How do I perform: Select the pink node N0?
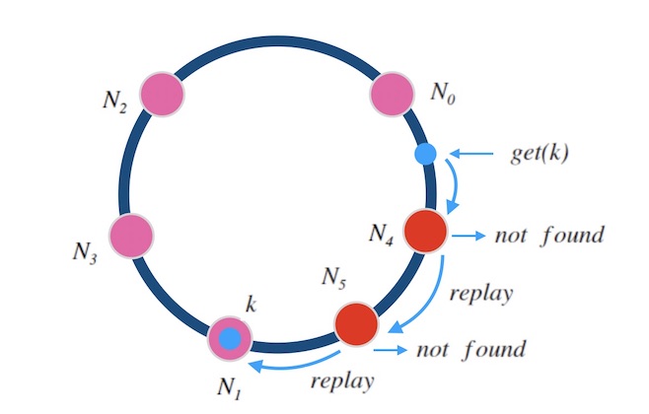pos(390,95)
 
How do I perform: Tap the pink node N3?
pos(131,236)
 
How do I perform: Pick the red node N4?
pos(426,231)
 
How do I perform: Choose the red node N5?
pos(356,323)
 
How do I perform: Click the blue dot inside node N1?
pos(231,339)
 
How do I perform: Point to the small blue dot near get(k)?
pos(425,154)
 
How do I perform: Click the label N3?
pos(85,249)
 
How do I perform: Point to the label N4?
pos(383,234)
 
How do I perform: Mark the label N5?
pos(335,279)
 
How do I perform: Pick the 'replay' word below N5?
pos(340,381)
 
